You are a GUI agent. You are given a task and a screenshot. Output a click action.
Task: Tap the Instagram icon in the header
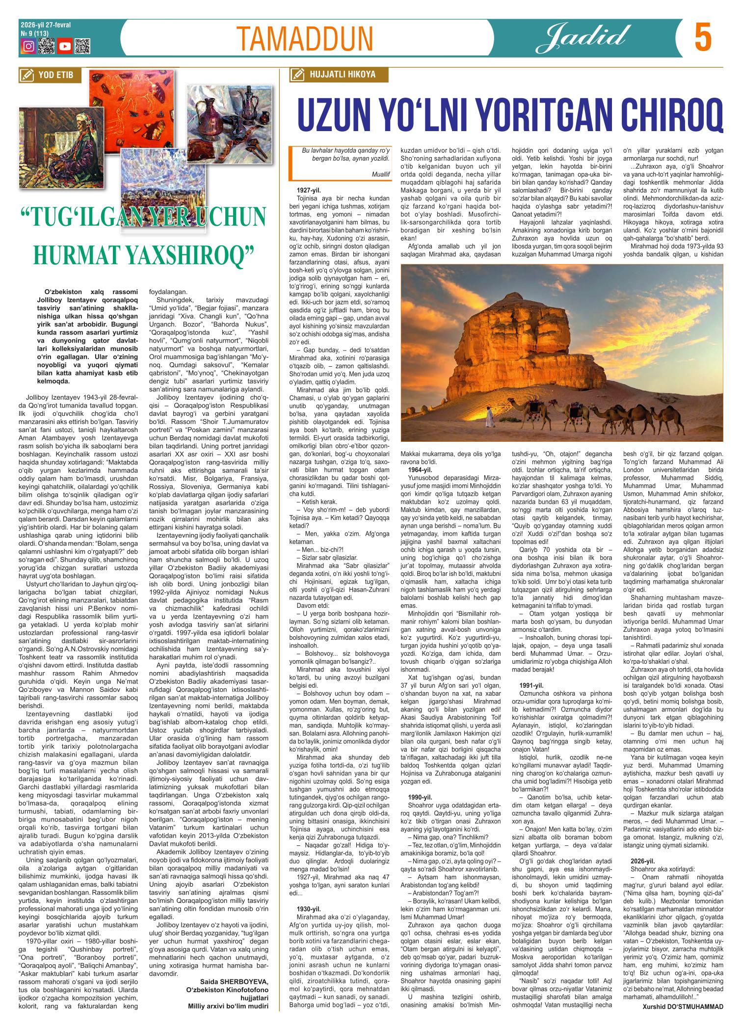point(29,46)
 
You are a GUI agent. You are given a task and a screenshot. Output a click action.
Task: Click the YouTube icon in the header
point(65,46)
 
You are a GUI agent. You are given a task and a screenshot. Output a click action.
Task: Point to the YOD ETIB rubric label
point(49,75)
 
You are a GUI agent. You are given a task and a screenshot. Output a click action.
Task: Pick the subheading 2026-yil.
point(643,861)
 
